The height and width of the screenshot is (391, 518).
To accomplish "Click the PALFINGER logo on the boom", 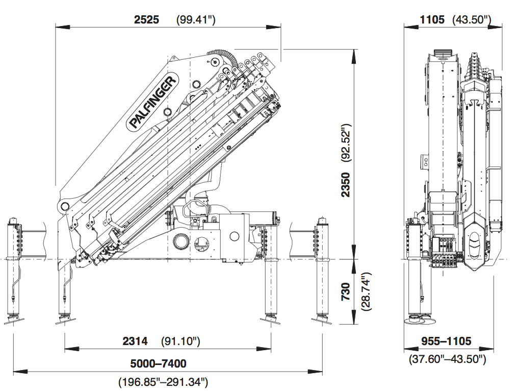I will [x=153, y=102].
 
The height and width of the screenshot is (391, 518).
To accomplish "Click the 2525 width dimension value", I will [x=146, y=20].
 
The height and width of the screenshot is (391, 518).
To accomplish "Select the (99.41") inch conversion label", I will [x=196, y=20].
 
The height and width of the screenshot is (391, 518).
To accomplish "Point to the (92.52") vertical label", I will [x=346, y=142].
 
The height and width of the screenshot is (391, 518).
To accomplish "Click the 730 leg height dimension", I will [x=346, y=292].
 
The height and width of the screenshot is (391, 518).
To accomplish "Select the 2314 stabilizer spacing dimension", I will [x=135, y=341].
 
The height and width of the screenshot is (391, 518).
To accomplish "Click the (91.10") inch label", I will [x=180, y=341].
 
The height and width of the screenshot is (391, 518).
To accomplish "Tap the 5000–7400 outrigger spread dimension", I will [x=159, y=364].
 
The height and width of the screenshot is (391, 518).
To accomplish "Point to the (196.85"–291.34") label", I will [x=163, y=381].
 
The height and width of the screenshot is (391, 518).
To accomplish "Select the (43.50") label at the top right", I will [x=472, y=20].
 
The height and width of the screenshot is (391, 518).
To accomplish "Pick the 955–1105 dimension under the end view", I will [x=446, y=341].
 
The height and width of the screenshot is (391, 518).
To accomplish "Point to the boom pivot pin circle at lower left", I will [x=65, y=206].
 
